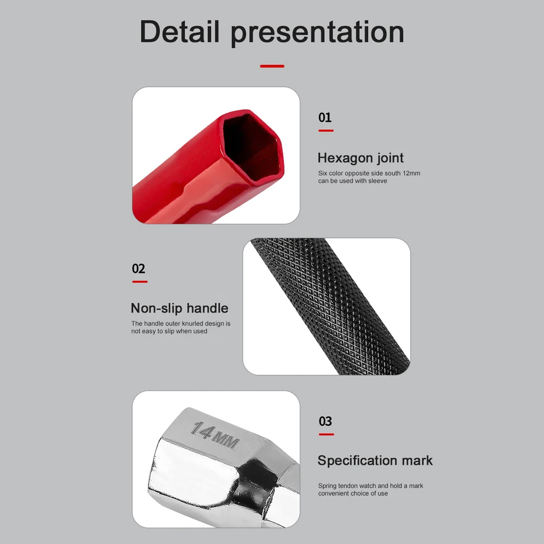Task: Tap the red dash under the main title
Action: [272, 66]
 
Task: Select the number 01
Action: [325, 118]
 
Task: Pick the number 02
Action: [139, 269]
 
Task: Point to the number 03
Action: [325, 421]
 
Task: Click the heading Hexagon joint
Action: [361, 158]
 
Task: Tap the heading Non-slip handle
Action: [180, 308]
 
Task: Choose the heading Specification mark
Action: [375, 461]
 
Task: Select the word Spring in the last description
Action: [327, 486]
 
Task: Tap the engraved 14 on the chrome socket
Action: [202, 431]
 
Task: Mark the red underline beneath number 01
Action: [325, 131]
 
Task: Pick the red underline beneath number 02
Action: [139, 282]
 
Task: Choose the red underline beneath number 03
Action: [326, 434]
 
